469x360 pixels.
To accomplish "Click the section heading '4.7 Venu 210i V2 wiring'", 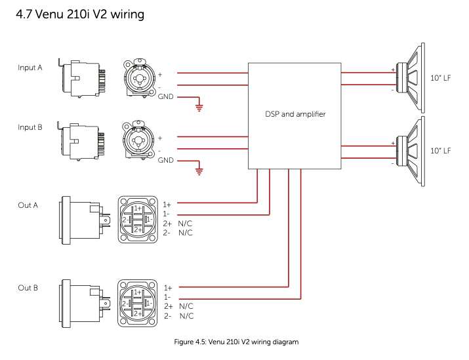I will point(81,13).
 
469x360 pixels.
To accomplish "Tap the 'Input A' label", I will point(30,68).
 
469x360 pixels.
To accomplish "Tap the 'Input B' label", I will point(30,127).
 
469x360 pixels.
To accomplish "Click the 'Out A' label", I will point(28,205).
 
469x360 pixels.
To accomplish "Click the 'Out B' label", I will point(28,288).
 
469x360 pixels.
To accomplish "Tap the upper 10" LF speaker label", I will point(440,78).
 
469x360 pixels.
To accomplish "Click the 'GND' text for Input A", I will point(166,96).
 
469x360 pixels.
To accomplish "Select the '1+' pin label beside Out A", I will point(167,205).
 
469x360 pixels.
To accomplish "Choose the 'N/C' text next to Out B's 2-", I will point(186,316).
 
